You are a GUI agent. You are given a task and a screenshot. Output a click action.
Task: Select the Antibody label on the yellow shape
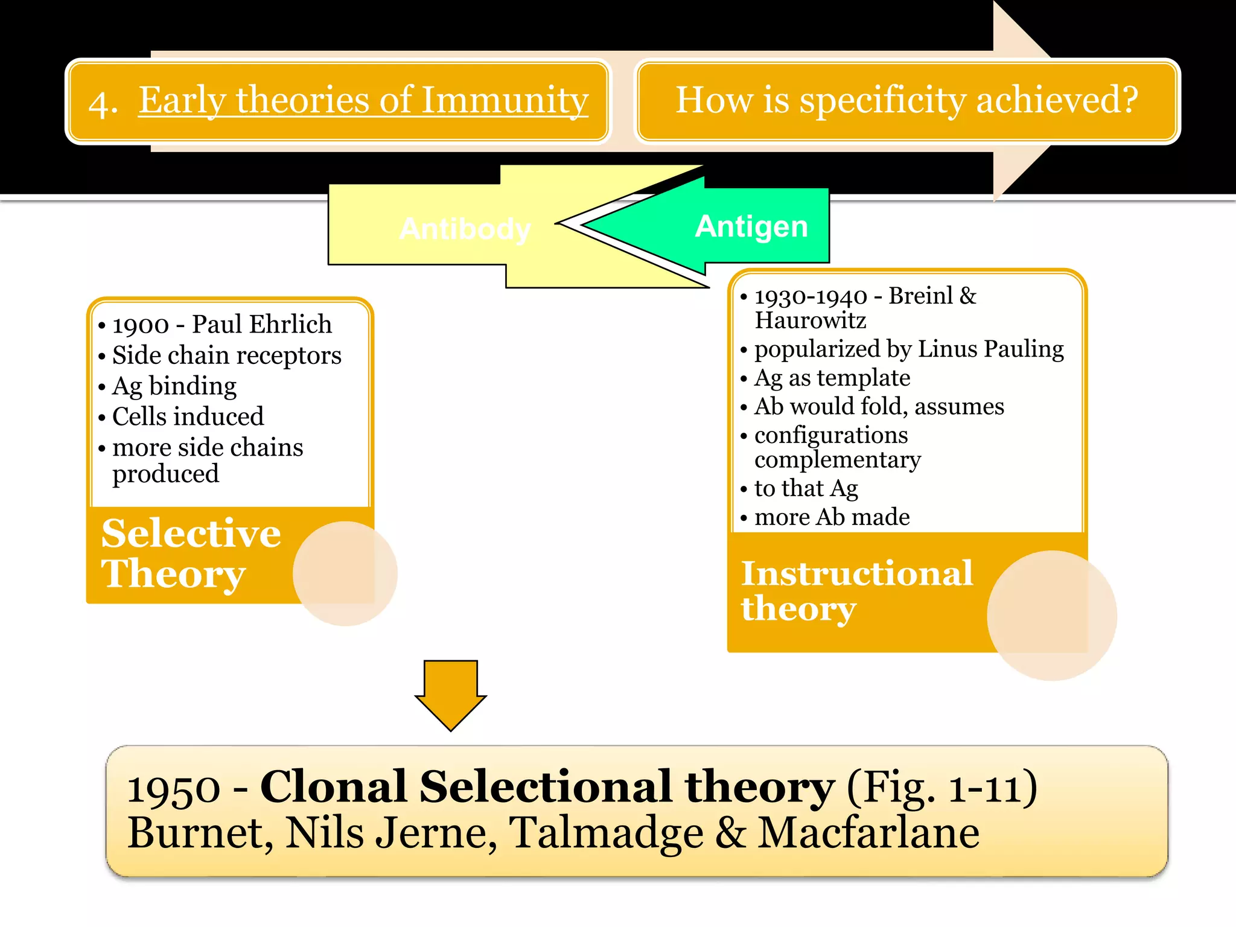tap(465, 229)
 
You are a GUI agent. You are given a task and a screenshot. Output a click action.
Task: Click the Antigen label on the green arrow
tap(751, 227)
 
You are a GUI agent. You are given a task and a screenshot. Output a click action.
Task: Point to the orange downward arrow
tap(450, 694)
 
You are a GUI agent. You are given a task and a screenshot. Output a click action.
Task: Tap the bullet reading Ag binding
tap(174, 386)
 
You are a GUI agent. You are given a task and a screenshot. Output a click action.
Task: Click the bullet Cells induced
tap(188, 416)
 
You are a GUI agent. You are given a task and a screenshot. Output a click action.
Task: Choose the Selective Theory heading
tap(191, 553)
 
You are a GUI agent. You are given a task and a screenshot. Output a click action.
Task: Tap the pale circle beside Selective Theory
tap(345, 573)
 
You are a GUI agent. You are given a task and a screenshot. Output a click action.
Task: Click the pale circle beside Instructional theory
tap(1051, 616)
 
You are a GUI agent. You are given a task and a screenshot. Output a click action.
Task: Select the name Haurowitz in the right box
tap(810, 320)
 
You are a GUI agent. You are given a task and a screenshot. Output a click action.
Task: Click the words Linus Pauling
tap(990, 349)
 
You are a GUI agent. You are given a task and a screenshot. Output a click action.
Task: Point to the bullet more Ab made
tap(832, 517)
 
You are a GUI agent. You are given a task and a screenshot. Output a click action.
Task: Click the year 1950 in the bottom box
tap(174, 788)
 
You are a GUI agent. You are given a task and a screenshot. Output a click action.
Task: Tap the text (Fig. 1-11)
tap(941, 787)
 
